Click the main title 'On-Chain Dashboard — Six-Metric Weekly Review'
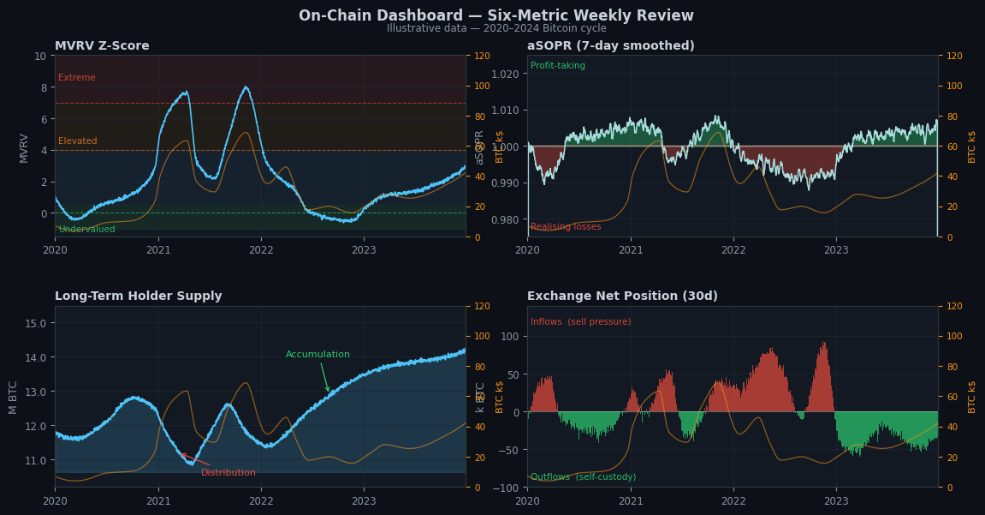point(495,15)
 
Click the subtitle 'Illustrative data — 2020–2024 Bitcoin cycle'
point(495,28)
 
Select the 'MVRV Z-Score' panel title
point(102,46)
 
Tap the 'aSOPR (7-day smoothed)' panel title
point(610,46)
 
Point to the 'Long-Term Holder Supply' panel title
point(138,296)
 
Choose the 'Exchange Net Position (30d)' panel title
point(622,296)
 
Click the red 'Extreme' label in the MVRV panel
point(77,78)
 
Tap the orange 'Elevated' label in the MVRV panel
point(78,141)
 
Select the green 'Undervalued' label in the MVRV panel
point(86,230)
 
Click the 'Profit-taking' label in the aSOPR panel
point(558,66)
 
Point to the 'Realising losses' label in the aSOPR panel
point(566,227)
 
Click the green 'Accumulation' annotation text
point(317,355)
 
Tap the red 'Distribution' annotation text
point(228,473)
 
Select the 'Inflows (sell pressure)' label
point(580,322)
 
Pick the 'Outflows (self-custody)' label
point(583,477)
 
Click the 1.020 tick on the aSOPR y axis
point(506,74)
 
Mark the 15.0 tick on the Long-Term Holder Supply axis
point(35,323)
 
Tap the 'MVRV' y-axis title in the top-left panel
point(24,147)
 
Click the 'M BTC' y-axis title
point(14,397)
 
